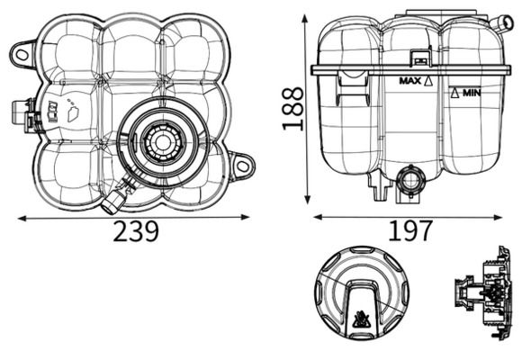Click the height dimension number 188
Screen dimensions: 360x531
point(292,108)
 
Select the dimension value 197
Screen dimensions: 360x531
point(410,231)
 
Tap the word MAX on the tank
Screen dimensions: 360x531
point(409,81)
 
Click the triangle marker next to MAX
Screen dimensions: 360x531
point(428,81)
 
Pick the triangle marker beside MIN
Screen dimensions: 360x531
point(455,93)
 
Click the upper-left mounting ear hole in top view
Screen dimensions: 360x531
point(22,54)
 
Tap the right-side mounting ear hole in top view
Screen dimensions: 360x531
point(242,166)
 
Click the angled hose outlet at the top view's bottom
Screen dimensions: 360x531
point(113,201)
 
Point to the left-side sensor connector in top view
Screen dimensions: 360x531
point(22,113)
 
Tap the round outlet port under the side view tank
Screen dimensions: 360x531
point(409,181)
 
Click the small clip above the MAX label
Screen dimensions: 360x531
point(418,58)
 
